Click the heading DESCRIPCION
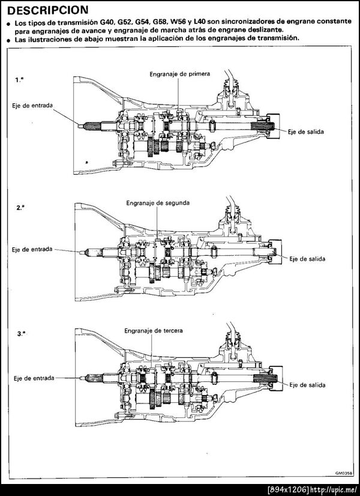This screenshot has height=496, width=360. coord(49,10)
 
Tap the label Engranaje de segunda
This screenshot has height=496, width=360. coord(158,203)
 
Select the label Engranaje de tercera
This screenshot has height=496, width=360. coord(154,330)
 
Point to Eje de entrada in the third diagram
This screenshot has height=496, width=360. coord(34,378)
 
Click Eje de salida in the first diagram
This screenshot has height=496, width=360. coord(306,131)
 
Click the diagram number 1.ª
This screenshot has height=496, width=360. coord(19,79)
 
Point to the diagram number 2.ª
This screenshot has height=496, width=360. coord(20,207)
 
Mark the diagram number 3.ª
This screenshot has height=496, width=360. coord(20,333)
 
